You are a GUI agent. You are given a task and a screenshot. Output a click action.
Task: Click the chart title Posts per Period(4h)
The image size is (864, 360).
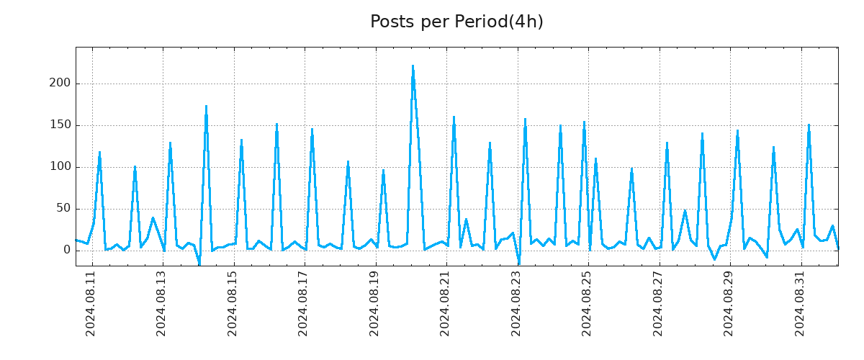[x=456, y=22]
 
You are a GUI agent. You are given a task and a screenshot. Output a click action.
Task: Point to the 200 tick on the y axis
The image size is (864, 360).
[x=60, y=84]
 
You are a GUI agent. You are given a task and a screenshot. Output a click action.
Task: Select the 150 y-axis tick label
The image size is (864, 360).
[x=60, y=125]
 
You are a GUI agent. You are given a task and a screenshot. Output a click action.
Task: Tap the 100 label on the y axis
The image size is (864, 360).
[x=60, y=167]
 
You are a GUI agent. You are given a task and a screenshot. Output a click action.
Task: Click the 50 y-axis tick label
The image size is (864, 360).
[x=63, y=209]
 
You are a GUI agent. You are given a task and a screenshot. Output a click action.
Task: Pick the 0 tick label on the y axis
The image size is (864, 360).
[x=66, y=250]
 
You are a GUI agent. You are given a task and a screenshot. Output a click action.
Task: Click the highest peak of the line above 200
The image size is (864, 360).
[x=413, y=66]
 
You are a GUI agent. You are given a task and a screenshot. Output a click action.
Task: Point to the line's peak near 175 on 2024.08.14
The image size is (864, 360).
[x=206, y=107]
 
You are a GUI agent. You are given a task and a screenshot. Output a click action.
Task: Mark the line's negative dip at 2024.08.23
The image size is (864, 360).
[x=519, y=264]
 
